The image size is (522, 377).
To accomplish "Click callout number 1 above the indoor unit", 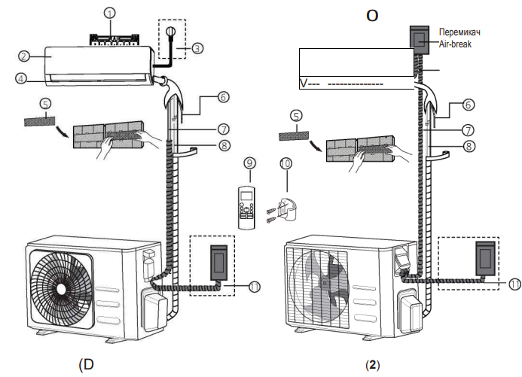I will click(110, 14).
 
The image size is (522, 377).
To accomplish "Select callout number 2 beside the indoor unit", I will click(26, 56).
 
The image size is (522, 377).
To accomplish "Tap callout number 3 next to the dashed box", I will click(197, 48).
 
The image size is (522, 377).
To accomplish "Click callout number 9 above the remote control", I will click(251, 163).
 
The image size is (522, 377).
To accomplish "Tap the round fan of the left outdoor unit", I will click(61, 284).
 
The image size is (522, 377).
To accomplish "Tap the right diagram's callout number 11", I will click(514, 284).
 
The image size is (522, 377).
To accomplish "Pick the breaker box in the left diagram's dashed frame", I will click(218, 260).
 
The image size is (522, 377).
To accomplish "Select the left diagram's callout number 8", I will click(224, 145).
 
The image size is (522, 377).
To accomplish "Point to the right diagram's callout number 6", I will click(468, 106).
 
